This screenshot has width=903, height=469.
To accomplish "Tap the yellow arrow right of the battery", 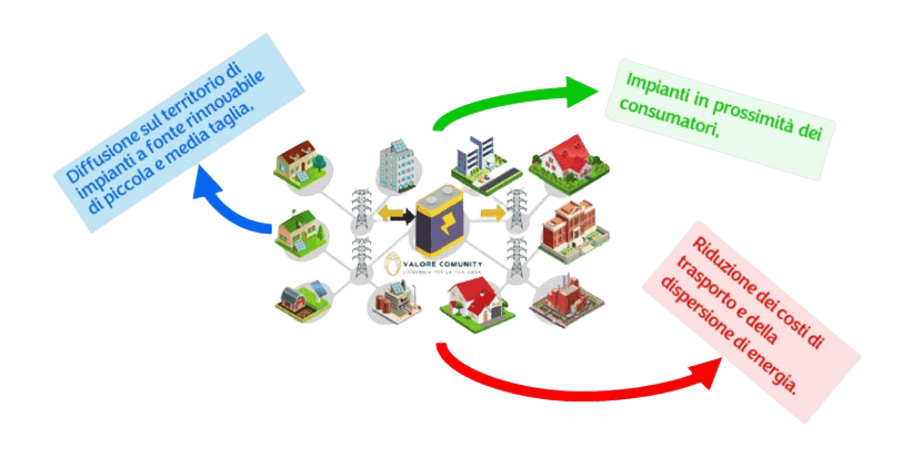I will (x=491, y=214).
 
